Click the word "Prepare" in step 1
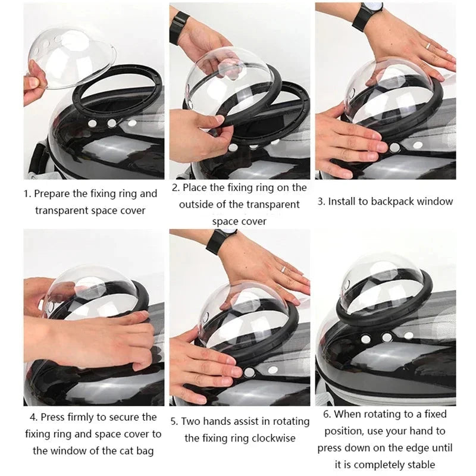pos(54,193)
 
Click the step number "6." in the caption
pos(327,414)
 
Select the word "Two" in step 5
pos(190,421)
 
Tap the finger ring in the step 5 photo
pos(284,269)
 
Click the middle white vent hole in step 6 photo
pos(387,337)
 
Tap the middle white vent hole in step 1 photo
pos(111,123)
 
